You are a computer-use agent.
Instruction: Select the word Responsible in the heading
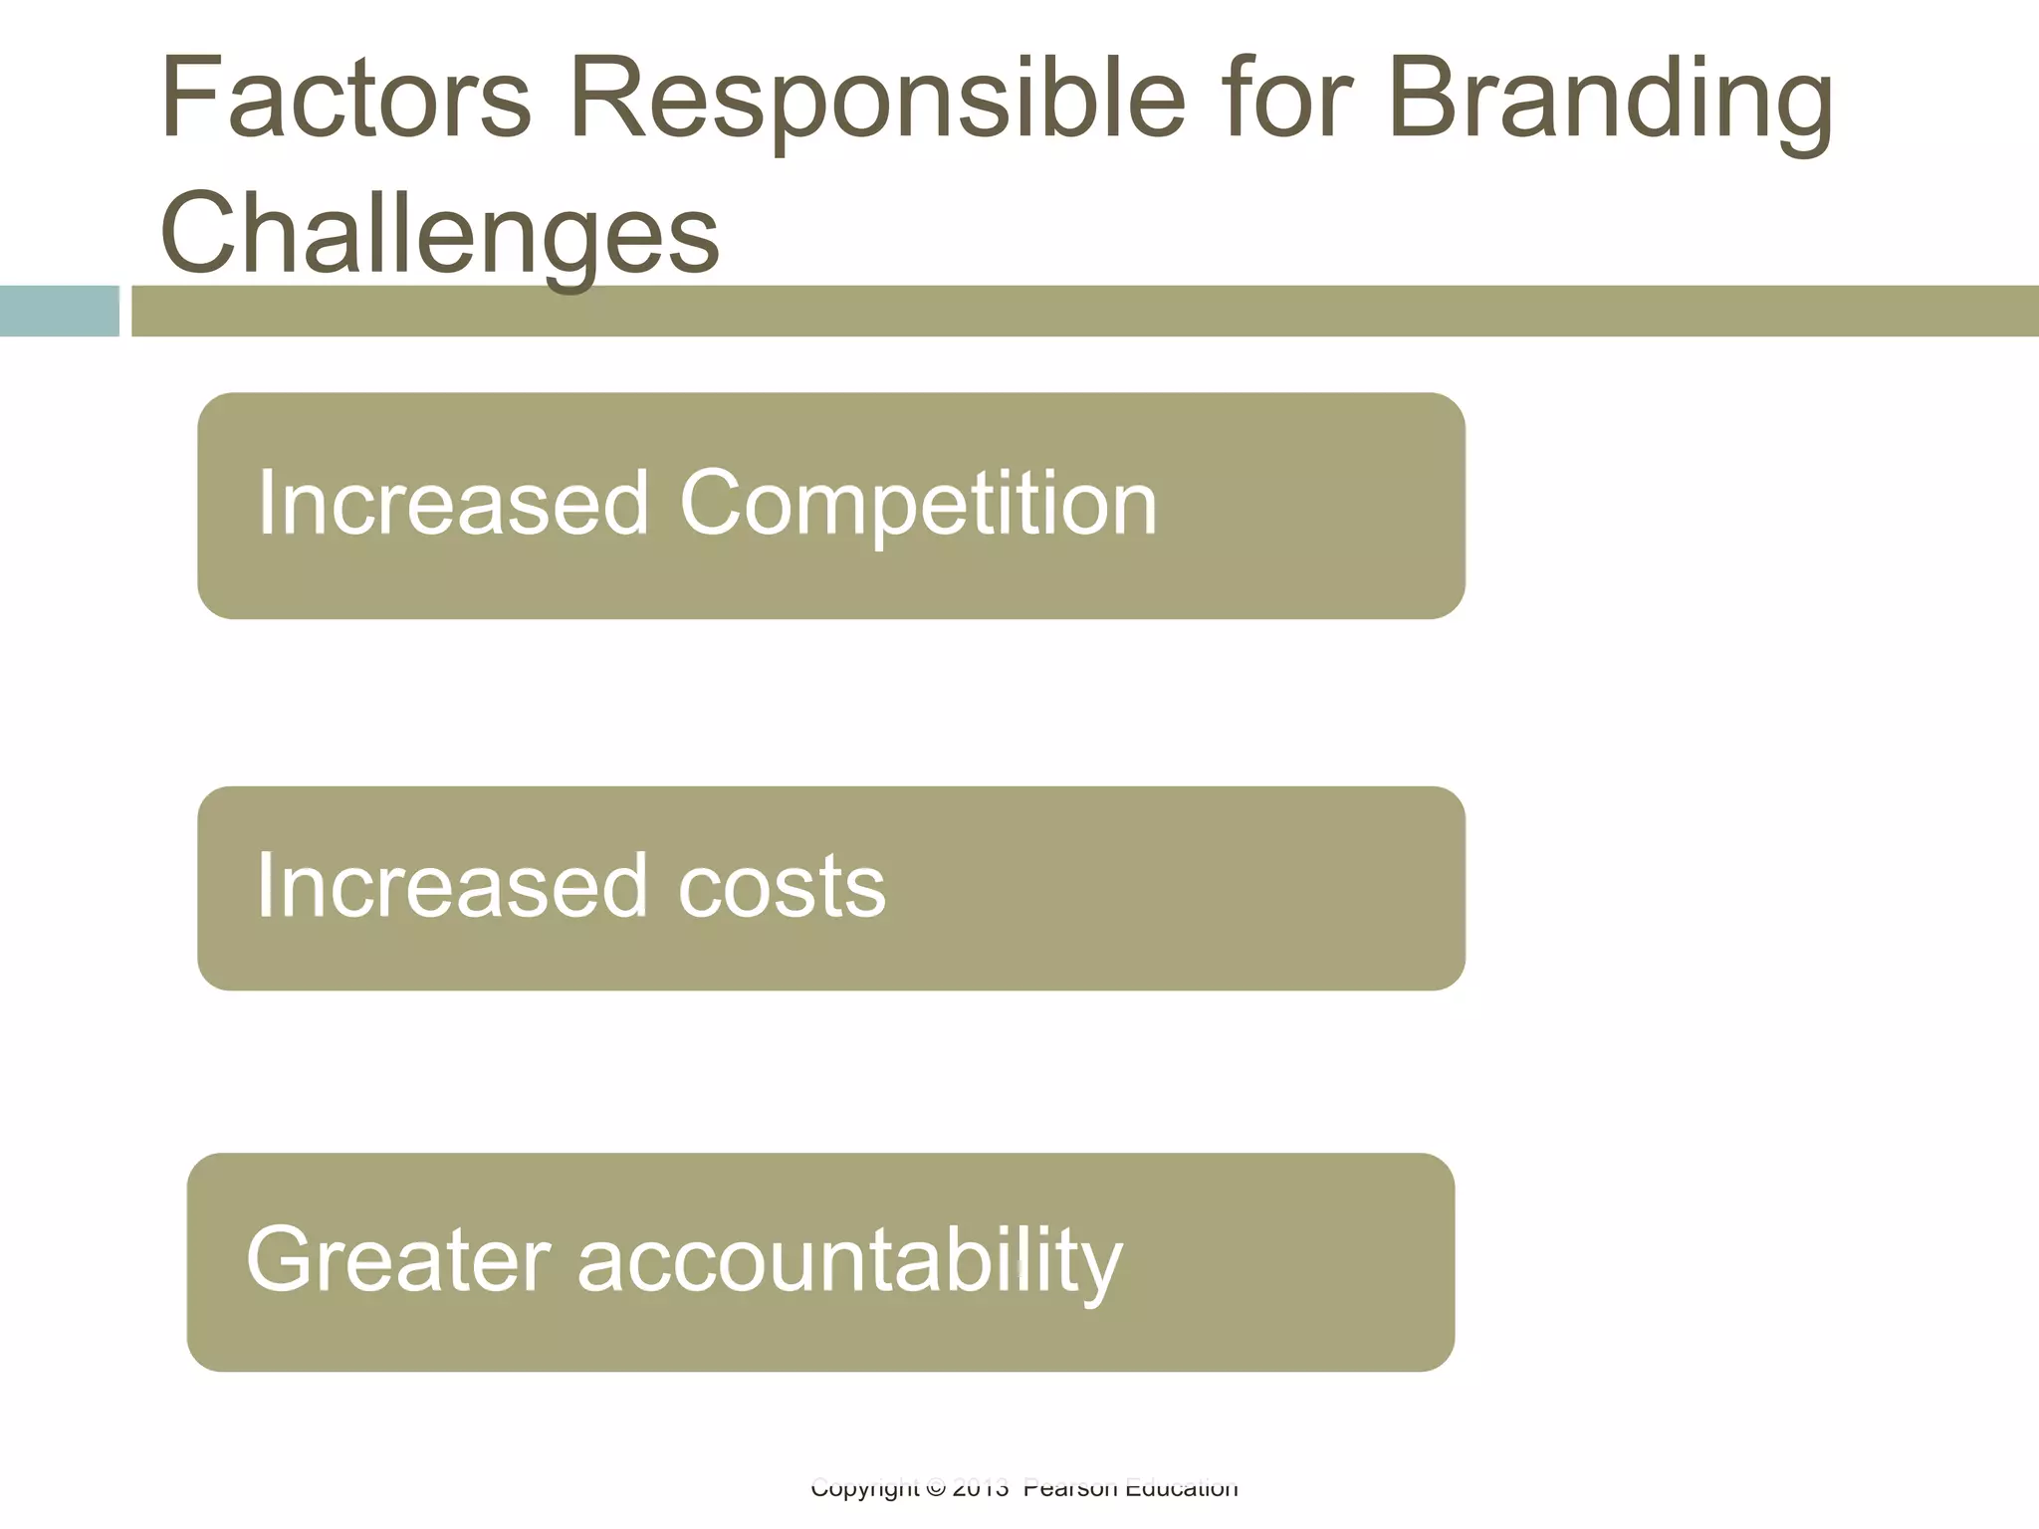click(x=876, y=100)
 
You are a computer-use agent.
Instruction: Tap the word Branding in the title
click(x=1610, y=100)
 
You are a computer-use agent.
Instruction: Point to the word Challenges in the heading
click(x=439, y=234)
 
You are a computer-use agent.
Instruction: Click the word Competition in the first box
click(x=918, y=504)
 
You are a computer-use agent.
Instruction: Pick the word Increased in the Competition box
click(x=453, y=504)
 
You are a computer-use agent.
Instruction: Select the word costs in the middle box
click(x=782, y=886)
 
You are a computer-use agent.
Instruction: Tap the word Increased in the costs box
click(x=453, y=886)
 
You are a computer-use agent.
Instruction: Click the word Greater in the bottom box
click(x=397, y=1260)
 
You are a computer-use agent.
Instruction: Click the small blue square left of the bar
click(x=59, y=311)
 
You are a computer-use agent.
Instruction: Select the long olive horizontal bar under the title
click(x=1085, y=311)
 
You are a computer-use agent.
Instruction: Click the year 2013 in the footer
click(x=981, y=1489)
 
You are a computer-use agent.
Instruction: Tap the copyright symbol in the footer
click(x=935, y=1489)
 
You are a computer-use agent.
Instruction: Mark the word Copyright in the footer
click(x=864, y=1489)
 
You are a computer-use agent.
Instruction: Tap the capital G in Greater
click(x=281, y=1260)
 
